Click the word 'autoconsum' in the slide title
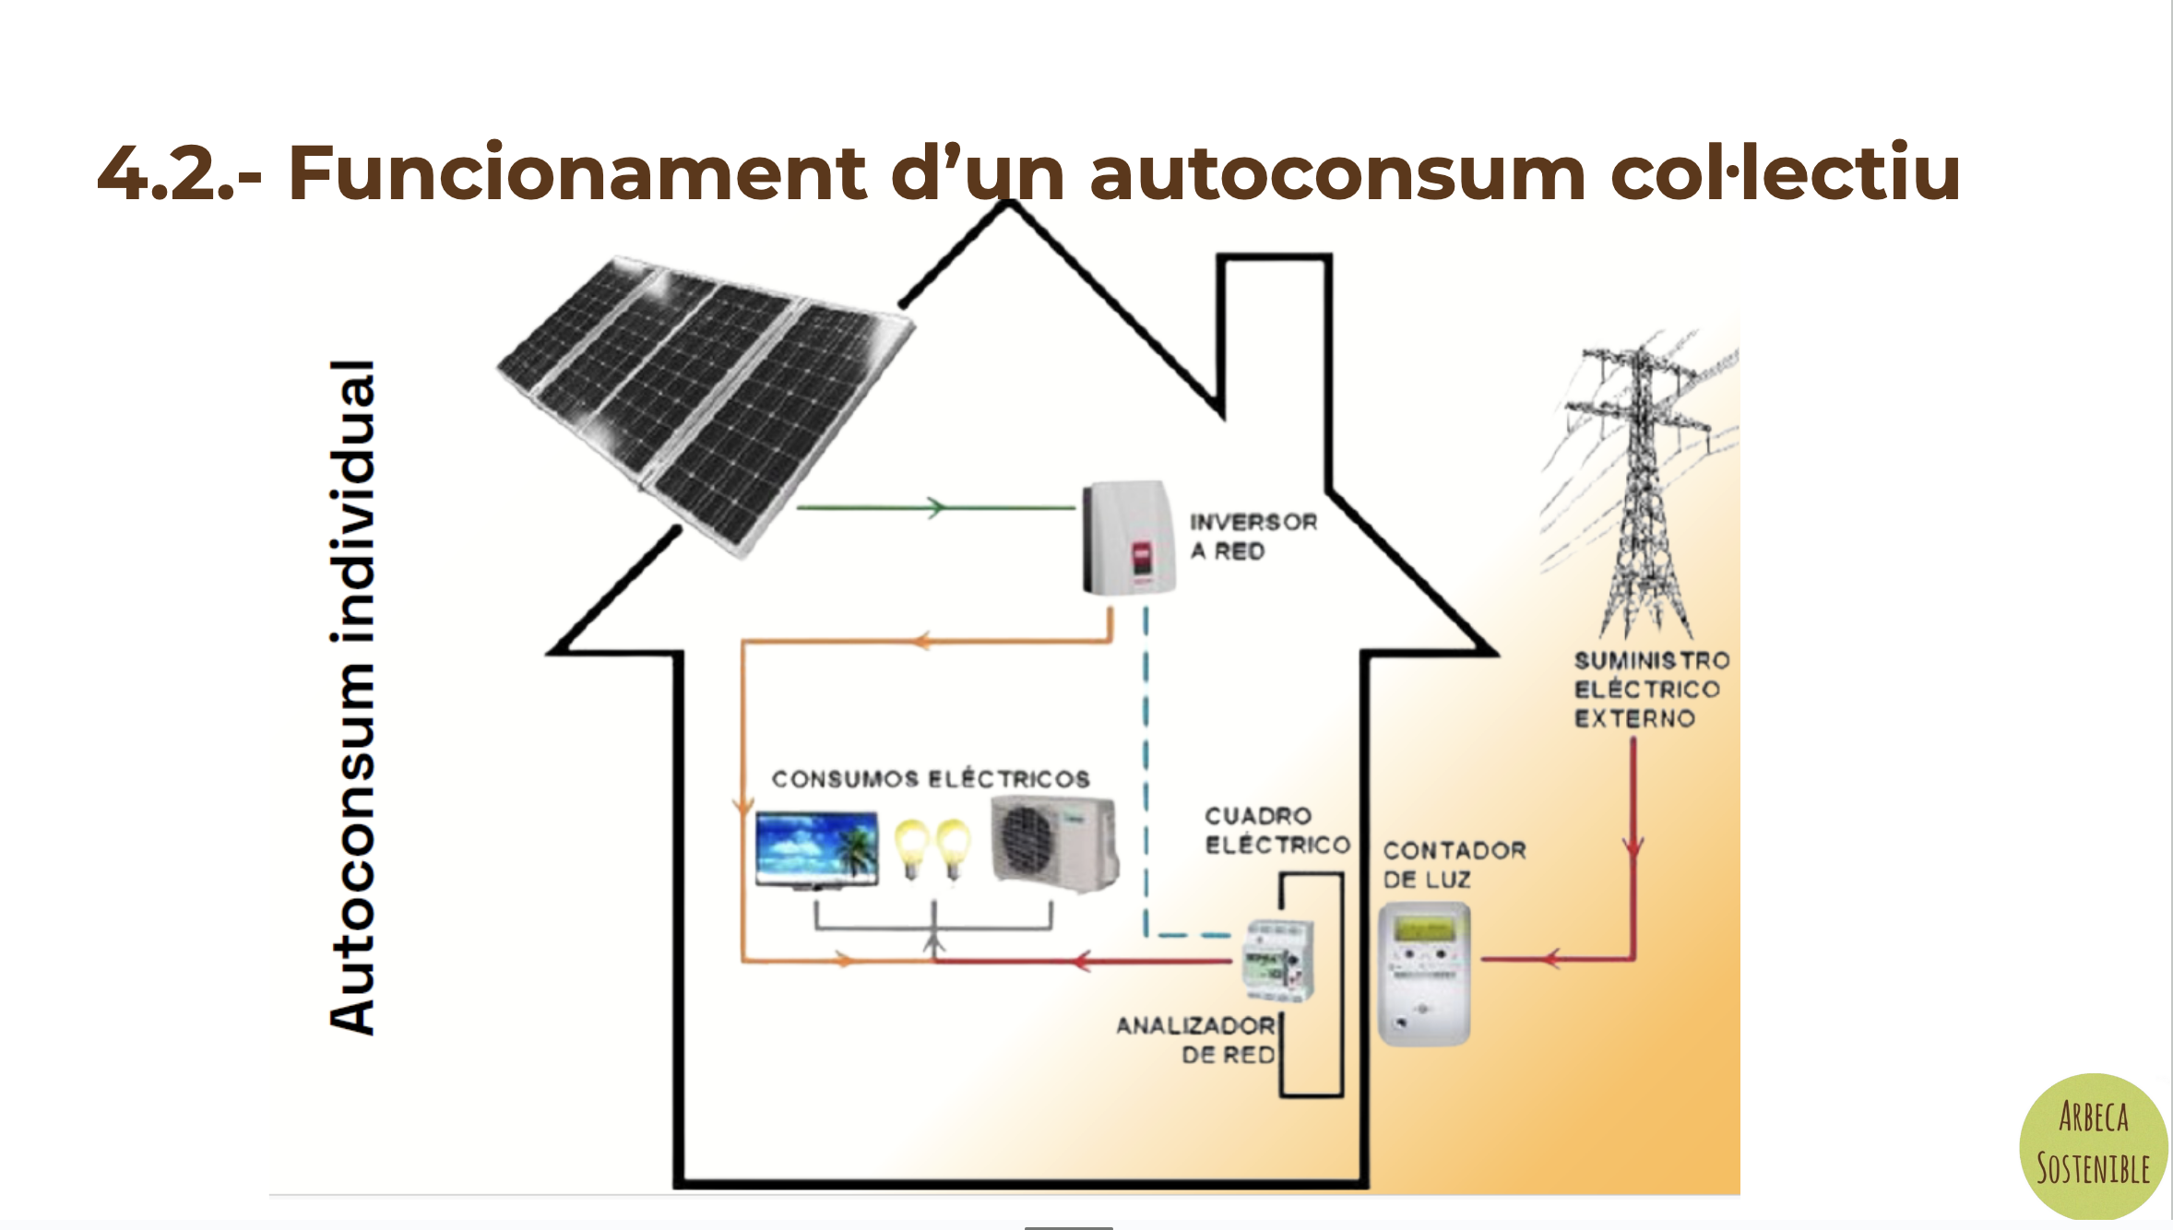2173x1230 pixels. (x=1337, y=173)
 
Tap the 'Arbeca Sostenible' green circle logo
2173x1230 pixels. (x=2093, y=1145)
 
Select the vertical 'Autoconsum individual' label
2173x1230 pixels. (x=353, y=697)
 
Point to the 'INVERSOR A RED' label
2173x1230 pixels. (x=1253, y=537)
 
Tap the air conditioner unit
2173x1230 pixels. (x=1054, y=842)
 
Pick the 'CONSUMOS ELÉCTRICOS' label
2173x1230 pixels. (x=930, y=779)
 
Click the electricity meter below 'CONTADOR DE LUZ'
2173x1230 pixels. (x=1423, y=974)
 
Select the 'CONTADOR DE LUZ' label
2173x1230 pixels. (x=1454, y=864)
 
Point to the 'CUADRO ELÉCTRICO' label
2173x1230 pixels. (x=1276, y=830)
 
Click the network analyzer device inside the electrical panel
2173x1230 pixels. (x=1277, y=960)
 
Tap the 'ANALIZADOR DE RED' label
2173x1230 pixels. (x=1196, y=1040)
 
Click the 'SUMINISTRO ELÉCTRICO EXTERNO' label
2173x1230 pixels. (x=1650, y=690)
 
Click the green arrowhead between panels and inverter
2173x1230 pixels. (x=936, y=507)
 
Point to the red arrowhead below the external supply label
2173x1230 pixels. (x=1633, y=846)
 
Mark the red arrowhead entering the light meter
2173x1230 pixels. (x=1551, y=959)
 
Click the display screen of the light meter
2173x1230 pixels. (x=1423, y=929)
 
